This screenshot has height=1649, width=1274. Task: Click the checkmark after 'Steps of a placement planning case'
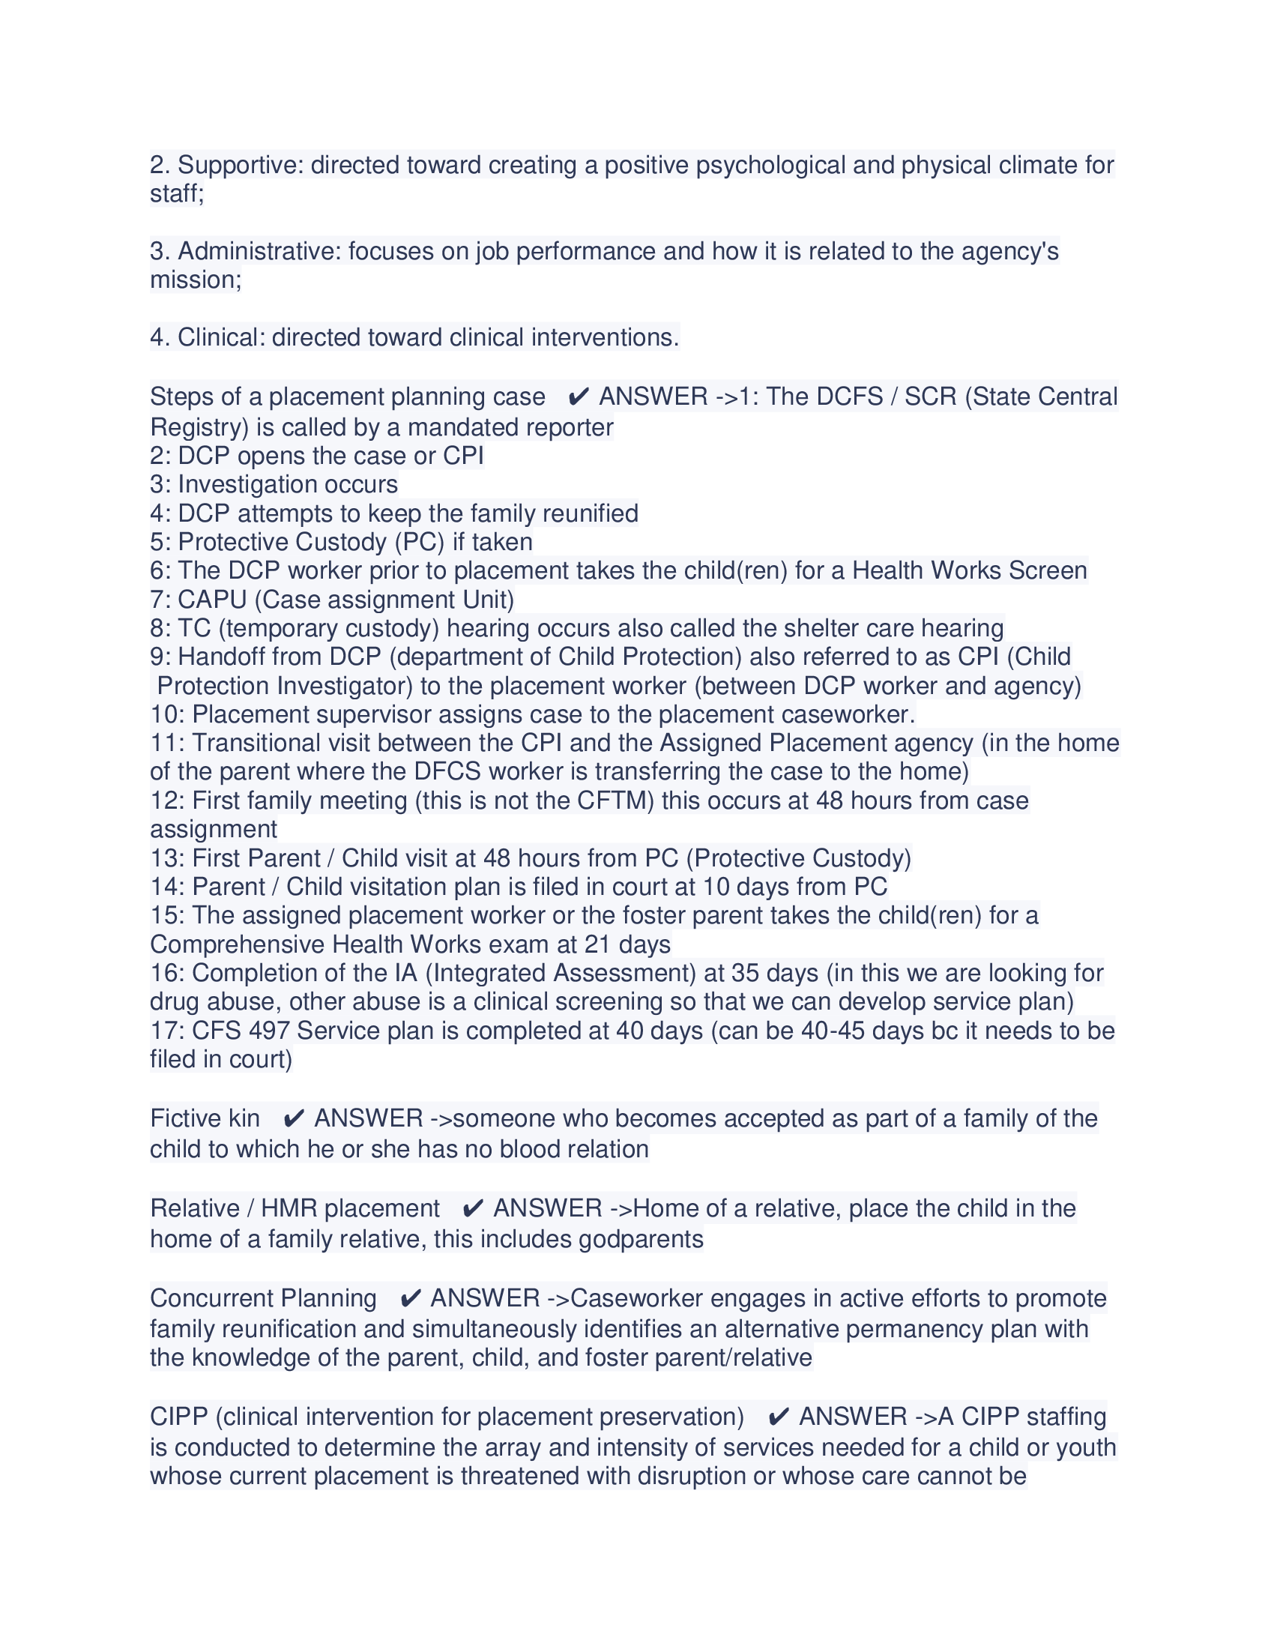[578, 397]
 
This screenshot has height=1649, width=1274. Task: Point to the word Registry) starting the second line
[199, 427]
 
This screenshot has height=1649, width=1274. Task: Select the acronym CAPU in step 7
[212, 600]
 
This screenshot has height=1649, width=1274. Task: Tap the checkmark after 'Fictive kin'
[294, 1119]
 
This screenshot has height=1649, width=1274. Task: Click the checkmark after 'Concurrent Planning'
[410, 1299]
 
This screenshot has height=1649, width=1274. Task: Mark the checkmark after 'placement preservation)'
[778, 1417]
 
